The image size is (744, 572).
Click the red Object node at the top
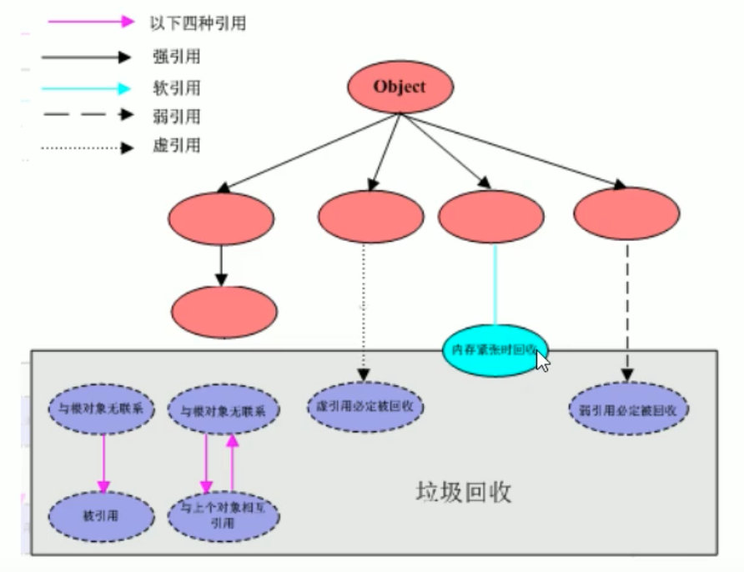pyautogui.click(x=400, y=86)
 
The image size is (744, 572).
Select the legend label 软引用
pyautogui.click(x=172, y=88)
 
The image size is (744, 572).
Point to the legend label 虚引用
pyautogui.click(x=172, y=148)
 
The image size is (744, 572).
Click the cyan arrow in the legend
pyautogui.click(x=88, y=88)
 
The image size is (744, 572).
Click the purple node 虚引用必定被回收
pyautogui.click(x=364, y=408)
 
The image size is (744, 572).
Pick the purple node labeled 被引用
pyautogui.click(x=103, y=516)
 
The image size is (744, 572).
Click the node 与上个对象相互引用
pyautogui.click(x=223, y=518)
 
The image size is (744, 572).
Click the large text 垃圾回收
pyautogui.click(x=463, y=492)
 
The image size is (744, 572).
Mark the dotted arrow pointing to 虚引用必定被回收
pyautogui.click(x=364, y=309)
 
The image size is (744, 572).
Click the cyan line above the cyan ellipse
pyautogui.click(x=495, y=283)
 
